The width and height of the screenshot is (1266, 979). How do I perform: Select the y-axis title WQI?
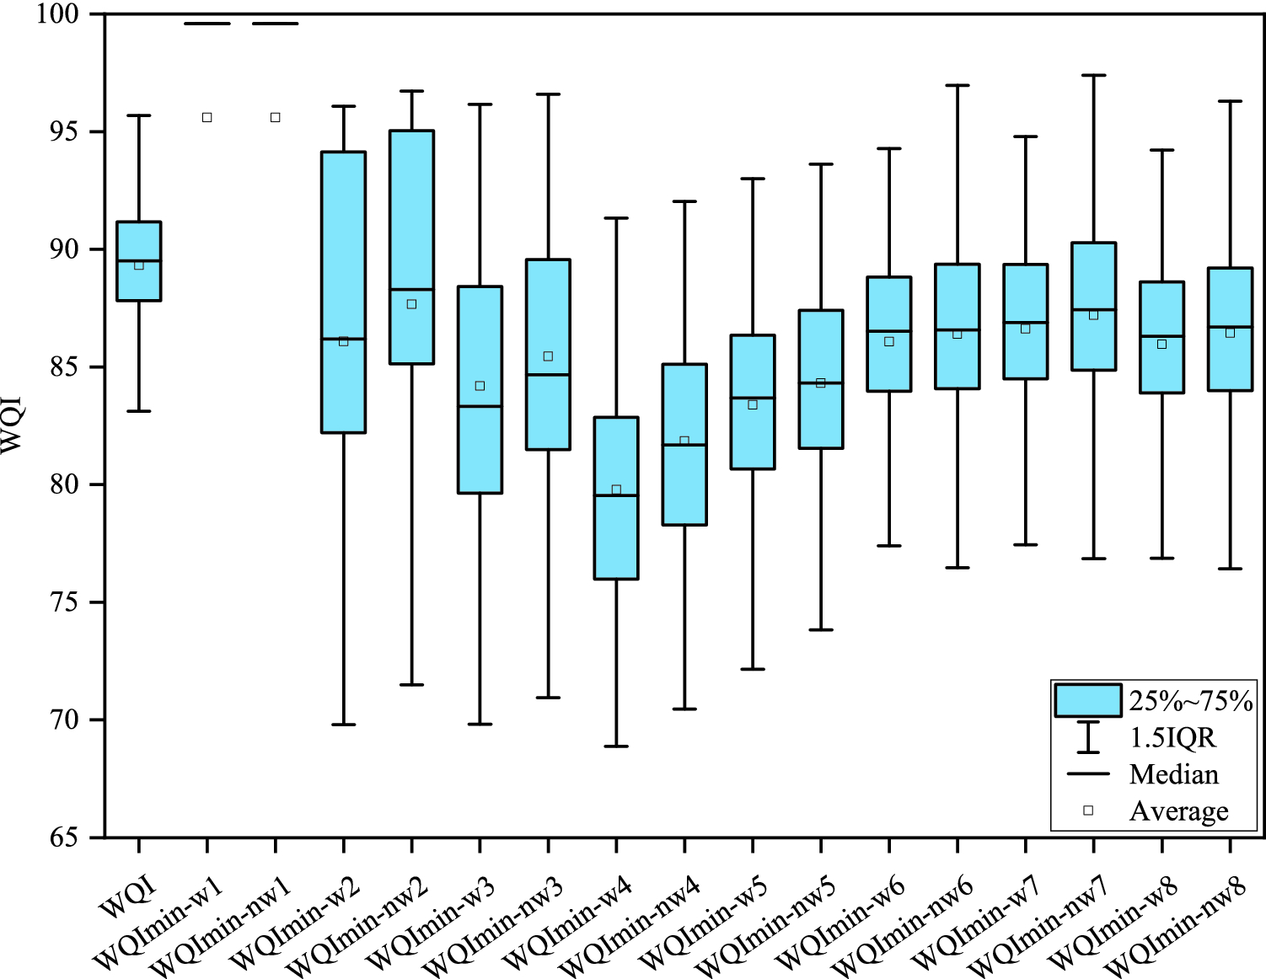12,425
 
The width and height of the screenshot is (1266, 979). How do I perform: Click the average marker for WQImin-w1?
207,117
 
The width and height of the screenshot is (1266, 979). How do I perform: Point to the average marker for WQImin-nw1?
275,117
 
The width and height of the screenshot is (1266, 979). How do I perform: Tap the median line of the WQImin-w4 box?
616,495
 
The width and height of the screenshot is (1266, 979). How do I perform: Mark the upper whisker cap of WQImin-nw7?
1093,75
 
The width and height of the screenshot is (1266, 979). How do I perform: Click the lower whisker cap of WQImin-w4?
616,746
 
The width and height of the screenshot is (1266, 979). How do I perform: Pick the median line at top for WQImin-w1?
207,24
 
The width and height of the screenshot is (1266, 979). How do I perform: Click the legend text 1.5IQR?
1172,738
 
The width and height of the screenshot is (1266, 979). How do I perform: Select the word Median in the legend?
1173,774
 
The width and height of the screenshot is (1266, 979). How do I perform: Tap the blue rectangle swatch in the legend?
1087,700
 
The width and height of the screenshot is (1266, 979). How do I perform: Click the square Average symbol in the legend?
1088,810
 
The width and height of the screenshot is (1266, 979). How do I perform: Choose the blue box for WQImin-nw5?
821,379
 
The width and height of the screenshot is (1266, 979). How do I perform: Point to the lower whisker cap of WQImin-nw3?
548,698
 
